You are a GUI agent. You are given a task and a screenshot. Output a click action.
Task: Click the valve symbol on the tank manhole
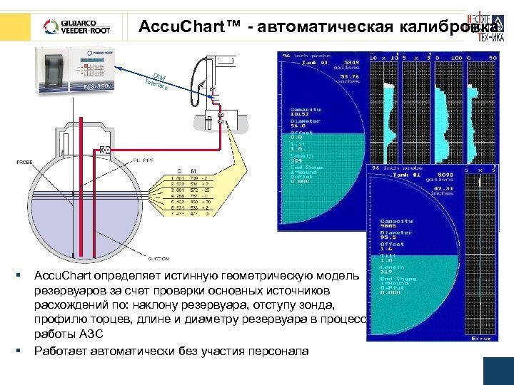105,150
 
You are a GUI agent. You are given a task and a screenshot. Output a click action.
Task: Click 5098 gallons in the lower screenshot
435,176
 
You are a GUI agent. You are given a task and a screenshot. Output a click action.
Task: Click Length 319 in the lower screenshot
389,269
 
